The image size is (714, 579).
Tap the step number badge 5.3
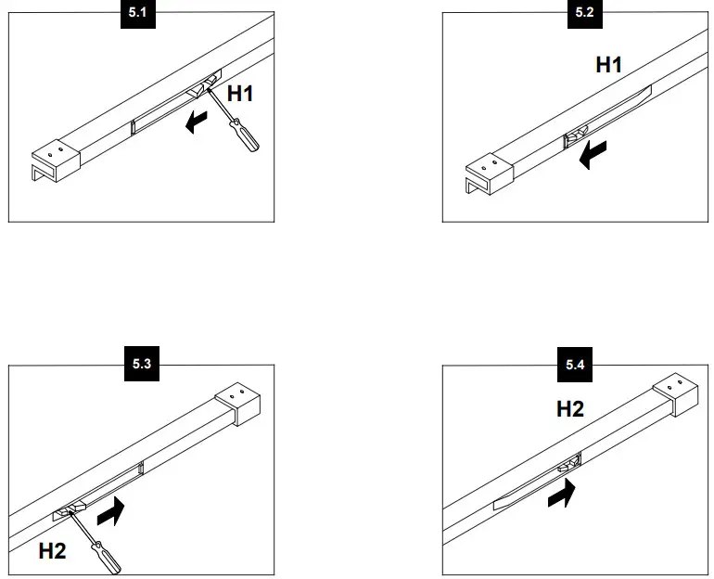coord(142,365)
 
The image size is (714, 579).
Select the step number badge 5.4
coord(576,365)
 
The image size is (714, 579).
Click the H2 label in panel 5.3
coord(53,551)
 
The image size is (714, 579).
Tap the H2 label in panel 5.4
coord(570,408)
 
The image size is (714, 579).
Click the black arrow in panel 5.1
coord(197,122)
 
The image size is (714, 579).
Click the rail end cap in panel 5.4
coord(674,395)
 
